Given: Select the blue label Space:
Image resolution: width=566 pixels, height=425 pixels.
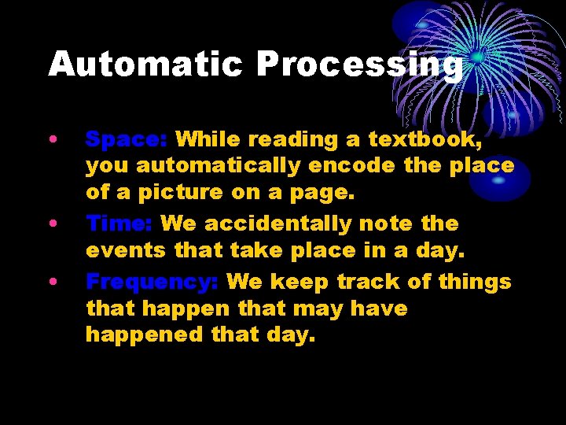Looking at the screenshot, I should pyautogui.click(x=126, y=139).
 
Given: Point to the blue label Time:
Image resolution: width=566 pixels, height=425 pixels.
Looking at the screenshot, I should pyautogui.click(x=119, y=224).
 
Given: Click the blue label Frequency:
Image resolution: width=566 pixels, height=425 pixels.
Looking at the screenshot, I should pyautogui.click(x=152, y=282).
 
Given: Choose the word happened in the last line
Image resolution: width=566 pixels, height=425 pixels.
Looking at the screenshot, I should pyautogui.click(x=144, y=334).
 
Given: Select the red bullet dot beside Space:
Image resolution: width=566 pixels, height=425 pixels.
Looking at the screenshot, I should pyautogui.click(x=52, y=140).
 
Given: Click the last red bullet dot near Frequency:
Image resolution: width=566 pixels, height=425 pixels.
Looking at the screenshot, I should pyautogui.click(x=52, y=282).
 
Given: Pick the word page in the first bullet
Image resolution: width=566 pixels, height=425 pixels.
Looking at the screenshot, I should pyautogui.click(x=325, y=193).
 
